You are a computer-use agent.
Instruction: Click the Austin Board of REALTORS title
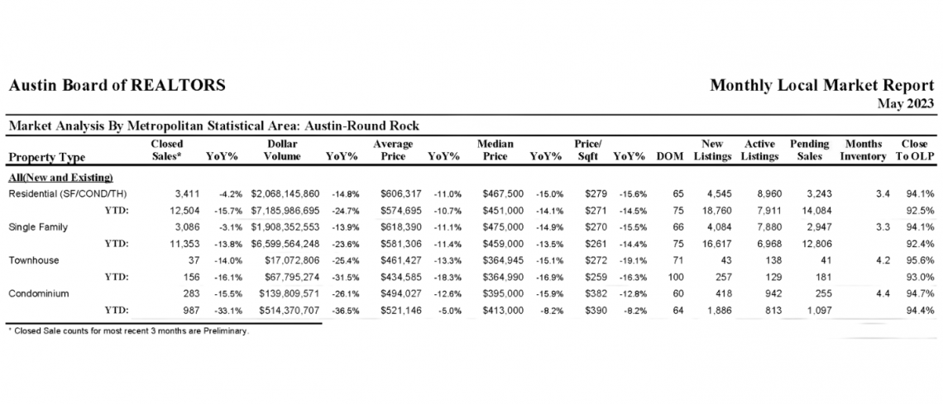coord(117,86)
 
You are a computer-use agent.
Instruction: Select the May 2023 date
coord(906,103)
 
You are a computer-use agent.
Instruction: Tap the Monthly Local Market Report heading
coord(822,86)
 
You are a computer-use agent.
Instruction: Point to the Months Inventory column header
coord(864,150)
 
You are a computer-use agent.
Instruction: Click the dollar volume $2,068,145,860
coord(286,193)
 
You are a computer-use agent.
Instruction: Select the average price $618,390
coord(401,227)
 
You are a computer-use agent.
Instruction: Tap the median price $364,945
coord(503,260)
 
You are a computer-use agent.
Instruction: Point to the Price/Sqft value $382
coord(594,294)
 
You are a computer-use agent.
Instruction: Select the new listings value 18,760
coord(717,210)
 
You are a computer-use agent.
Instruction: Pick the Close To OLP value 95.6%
coord(920,260)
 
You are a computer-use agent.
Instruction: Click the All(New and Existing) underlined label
coord(60,177)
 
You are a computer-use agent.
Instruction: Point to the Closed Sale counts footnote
coord(128,331)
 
